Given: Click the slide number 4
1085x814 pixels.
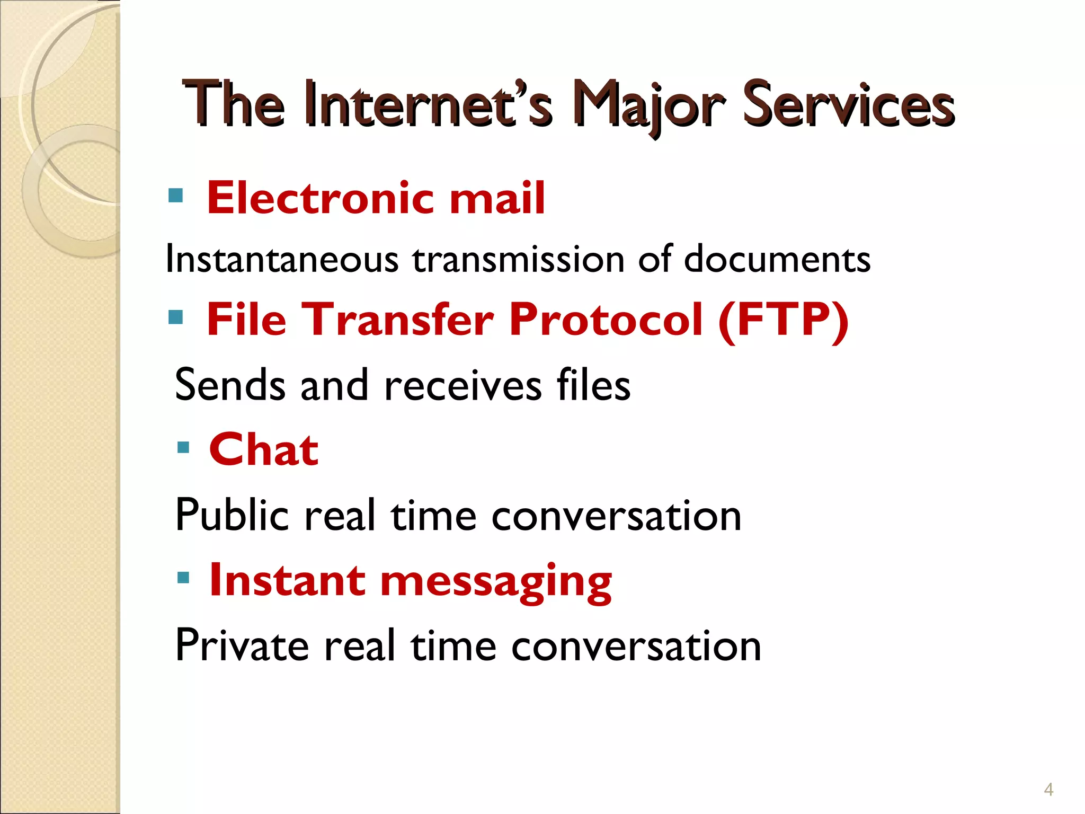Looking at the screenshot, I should click(1048, 790).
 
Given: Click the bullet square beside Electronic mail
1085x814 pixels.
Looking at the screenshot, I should click(175, 196).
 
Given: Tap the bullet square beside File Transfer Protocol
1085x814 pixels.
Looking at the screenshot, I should click(175, 317).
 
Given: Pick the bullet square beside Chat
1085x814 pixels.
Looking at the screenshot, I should click(183, 448).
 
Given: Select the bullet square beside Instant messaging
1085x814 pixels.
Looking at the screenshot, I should click(183, 577).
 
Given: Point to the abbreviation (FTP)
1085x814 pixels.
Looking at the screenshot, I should click(784, 320).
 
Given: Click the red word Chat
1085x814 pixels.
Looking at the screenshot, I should click(264, 449).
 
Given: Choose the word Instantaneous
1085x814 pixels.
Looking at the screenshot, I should click(282, 259).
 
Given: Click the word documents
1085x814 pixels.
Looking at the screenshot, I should click(777, 259).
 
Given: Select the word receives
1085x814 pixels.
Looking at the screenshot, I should click(463, 385).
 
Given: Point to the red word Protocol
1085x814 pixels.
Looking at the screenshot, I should click(606, 320).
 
